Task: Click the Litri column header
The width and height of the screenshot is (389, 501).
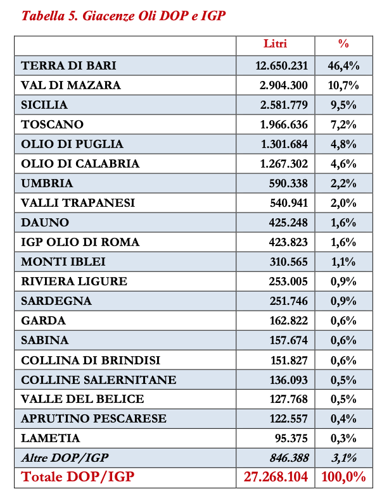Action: point(275,44)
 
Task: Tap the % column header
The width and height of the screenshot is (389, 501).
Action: point(343,44)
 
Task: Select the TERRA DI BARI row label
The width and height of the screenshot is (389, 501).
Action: point(68,66)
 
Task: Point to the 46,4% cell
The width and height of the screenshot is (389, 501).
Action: point(343,66)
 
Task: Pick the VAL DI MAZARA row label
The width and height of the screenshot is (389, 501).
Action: point(70,85)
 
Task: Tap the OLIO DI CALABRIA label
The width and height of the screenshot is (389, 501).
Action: point(80,164)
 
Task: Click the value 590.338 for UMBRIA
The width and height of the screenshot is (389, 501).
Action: point(289,183)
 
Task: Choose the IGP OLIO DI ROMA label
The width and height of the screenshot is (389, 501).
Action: point(80,242)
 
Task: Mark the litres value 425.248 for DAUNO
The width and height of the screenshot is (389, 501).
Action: point(289,223)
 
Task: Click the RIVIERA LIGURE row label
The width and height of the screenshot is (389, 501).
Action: point(74,281)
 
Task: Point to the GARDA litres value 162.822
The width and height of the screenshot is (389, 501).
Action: point(289,321)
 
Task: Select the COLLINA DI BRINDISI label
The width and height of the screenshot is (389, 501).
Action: point(91,360)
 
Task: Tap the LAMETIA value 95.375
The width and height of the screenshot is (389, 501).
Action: point(292,438)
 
